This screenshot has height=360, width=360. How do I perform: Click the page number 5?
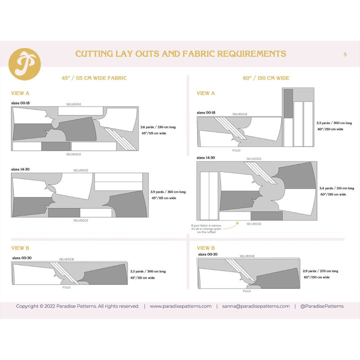click(345, 54)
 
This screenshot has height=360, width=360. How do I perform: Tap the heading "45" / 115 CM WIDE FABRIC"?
click(94, 78)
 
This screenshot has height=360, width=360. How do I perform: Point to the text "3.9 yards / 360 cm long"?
click(168, 191)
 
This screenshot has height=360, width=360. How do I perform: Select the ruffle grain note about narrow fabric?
click(205, 228)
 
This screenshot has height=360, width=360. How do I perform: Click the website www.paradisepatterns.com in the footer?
click(180, 306)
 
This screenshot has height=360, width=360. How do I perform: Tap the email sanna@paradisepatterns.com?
click(256, 306)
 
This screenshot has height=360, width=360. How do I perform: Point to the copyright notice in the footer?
click(77, 306)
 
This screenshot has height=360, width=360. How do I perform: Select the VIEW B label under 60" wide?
click(206, 247)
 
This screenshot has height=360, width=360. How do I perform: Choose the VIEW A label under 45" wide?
click(20, 93)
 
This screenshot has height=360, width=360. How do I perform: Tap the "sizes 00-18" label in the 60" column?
click(206, 113)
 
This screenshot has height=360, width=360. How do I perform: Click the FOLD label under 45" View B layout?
click(66, 287)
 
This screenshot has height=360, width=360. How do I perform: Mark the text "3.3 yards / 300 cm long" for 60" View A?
click(334, 122)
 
